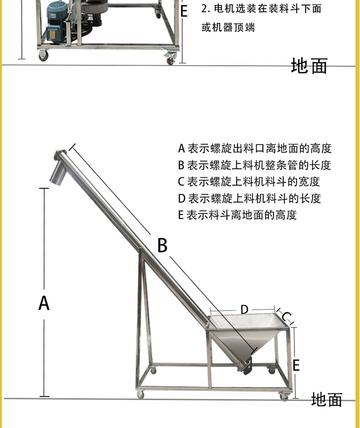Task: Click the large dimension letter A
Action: click(x=44, y=303)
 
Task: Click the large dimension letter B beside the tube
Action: click(x=162, y=245)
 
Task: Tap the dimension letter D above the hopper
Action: click(x=244, y=309)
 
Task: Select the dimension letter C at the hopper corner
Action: click(x=287, y=317)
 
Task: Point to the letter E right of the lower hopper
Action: click(x=296, y=365)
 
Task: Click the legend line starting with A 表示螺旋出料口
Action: click(x=255, y=149)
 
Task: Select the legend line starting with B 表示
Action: click(x=254, y=165)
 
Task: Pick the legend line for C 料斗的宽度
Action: click(x=249, y=182)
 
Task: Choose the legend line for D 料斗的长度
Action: click(x=249, y=198)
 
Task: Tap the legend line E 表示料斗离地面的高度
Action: click(x=237, y=215)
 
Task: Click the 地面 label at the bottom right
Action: click(x=327, y=399)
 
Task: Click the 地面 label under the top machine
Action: click(x=309, y=66)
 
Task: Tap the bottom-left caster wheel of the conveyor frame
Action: click(x=140, y=394)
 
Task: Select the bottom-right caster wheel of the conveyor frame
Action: click(x=284, y=397)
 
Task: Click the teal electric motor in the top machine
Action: click(x=57, y=22)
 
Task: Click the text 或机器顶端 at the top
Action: click(x=228, y=27)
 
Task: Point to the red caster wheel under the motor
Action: click(x=43, y=56)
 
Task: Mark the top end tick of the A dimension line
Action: click(x=44, y=188)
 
